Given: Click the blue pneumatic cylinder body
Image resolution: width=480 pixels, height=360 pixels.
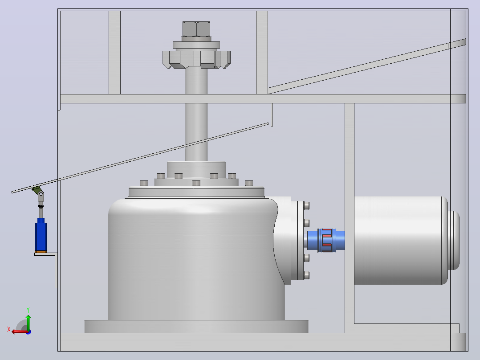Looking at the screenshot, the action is pos(41,235).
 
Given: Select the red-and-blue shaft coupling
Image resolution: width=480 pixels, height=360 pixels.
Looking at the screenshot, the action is pos(326,240).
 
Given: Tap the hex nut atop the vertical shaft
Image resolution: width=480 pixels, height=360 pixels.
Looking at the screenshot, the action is pos(196,29).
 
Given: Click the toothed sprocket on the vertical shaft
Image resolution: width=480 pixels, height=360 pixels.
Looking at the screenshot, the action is pos(196,59).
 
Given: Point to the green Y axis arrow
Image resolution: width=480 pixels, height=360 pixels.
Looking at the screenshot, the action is pos(28,322).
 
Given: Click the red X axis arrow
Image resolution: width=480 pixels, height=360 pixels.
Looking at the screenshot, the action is pos(20,332).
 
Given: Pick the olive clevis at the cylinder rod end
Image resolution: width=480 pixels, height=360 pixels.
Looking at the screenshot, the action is pos(37,190).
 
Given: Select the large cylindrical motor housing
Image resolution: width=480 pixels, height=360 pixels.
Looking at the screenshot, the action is pos(401,241).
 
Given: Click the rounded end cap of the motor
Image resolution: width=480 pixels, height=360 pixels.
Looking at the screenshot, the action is pos(454,241).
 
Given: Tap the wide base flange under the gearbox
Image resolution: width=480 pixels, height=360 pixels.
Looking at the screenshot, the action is pos(196,326).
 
